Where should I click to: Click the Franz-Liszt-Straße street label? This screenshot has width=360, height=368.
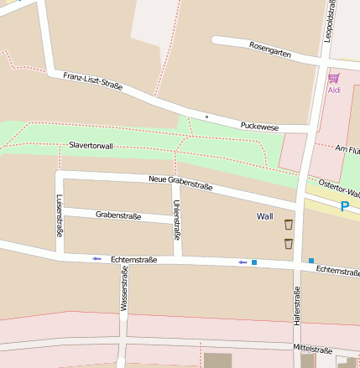(x=92, y=80)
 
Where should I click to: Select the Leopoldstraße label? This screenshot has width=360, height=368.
(x=330, y=19)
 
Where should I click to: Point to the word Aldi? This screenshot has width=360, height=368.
(x=333, y=90)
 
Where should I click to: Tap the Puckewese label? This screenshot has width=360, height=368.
(x=258, y=125)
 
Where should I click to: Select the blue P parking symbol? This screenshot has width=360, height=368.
(x=344, y=205)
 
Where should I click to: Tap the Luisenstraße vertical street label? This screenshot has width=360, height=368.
(x=60, y=215)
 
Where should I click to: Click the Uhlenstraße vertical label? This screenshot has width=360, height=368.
(x=176, y=220)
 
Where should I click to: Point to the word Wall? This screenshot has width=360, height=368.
(x=264, y=216)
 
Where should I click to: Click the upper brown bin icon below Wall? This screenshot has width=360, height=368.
(x=289, y=224)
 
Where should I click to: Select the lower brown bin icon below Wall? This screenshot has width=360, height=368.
(x=289, y=243)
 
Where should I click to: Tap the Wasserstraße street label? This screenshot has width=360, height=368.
(x=123, y=290)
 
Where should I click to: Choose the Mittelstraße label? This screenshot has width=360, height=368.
(x=313, y=349)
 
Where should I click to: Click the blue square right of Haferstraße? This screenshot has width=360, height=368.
(x=311, y=261)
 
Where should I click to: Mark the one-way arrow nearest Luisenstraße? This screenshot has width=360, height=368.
(x=97, y=258)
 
